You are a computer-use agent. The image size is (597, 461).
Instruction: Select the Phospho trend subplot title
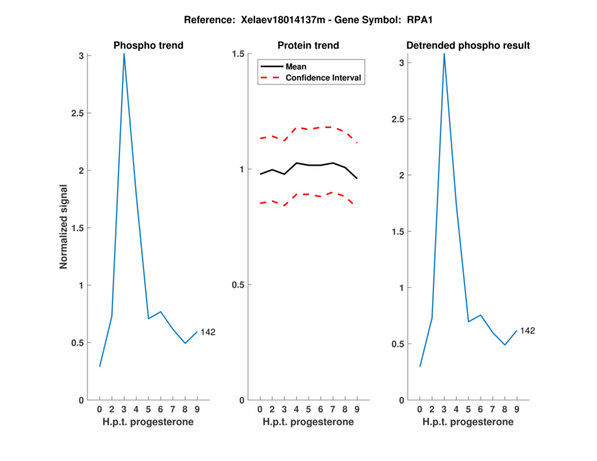(x=149, y=46)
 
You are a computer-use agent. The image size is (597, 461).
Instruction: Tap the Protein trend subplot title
(x=308, y=46)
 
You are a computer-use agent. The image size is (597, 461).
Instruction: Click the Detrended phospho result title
(x=468, y=46)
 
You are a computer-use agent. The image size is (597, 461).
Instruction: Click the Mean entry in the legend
(x=296, y=66)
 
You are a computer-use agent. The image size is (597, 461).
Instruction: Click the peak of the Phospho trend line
(x=124, y=54)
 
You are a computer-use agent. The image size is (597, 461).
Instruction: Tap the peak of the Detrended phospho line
(x=444, y=54)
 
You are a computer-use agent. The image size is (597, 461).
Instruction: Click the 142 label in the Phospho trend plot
(x=208, y=332)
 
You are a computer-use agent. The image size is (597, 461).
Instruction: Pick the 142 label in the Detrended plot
(x=528, y=330)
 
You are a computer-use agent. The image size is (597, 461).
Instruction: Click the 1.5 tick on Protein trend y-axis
(x=239, y=54)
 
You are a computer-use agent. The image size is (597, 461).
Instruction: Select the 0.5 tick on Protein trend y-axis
(x=239, y=285)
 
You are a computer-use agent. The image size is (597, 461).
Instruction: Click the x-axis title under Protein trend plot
(x=308, y=422)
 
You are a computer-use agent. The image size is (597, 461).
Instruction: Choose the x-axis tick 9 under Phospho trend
(x=197, y=410)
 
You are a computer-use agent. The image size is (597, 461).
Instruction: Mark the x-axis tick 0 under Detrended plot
(x=419, y=410)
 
